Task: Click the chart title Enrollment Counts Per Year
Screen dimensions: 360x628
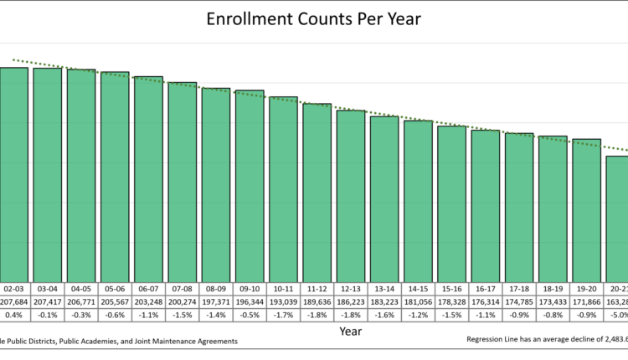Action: [x=314, y=18]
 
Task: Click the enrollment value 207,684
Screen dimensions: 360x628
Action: [x=14, y=301]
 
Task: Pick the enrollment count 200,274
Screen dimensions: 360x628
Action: [x=182, y=301]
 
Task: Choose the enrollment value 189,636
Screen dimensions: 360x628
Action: [x=317, y=301]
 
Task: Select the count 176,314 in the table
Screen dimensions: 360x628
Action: [x=485, y=301]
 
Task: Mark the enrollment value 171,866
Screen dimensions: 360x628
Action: [x=586, y=301]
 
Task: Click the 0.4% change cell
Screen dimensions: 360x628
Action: [x=14, y=315]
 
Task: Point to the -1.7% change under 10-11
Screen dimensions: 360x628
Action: [x=283, y=315]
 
